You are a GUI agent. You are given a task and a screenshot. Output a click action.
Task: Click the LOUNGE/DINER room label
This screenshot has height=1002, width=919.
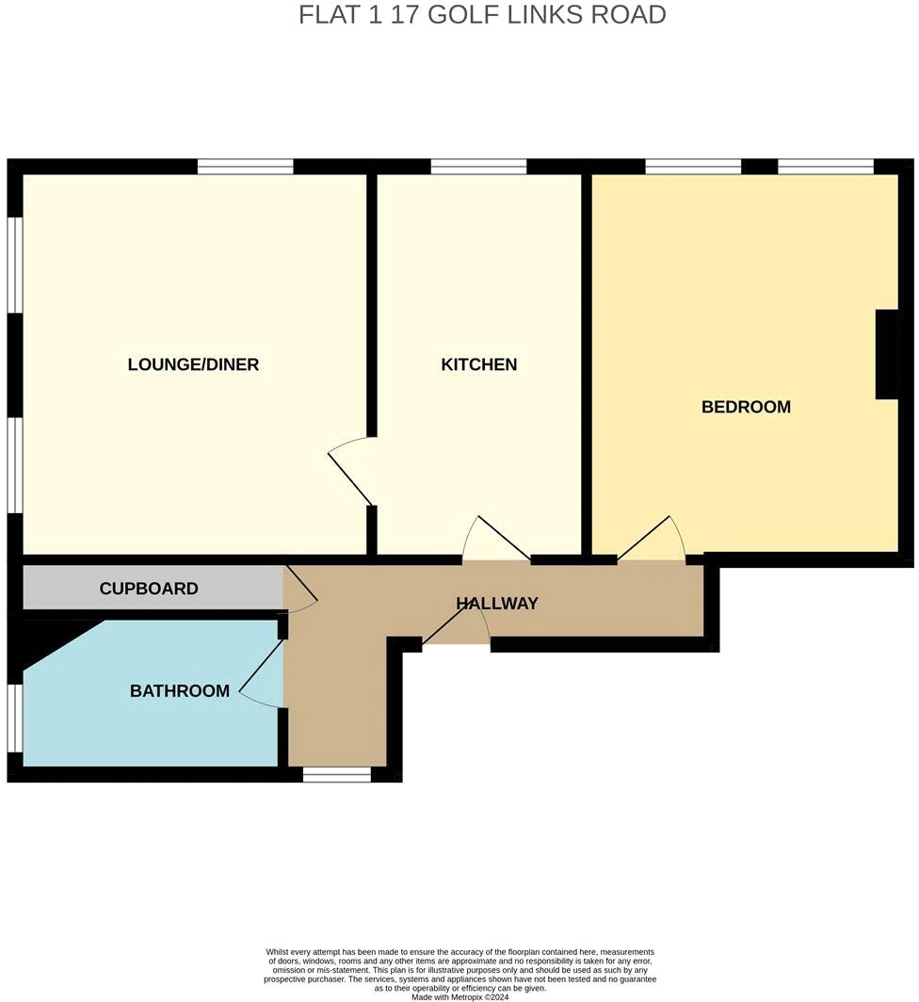[x=193, y=364]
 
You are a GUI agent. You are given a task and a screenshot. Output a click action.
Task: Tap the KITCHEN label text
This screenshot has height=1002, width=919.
[x=479, y=364]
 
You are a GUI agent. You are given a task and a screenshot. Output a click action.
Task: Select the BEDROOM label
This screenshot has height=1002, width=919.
[x=746, y=407]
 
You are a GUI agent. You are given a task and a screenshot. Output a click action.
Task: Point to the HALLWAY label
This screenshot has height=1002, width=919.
[x=497, y=604]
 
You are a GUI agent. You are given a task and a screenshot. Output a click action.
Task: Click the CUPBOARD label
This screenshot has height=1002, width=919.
[x=149, y=590]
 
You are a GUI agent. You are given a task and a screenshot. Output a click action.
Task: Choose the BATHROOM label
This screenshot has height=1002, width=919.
[x=180, y=691]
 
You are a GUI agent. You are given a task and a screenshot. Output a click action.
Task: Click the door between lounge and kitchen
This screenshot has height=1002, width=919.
[x=351, y=471]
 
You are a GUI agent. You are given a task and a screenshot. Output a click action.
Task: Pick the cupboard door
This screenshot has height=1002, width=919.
[x=300, y=591]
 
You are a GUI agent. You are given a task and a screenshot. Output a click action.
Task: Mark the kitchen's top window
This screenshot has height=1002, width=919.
[x=478, y=167]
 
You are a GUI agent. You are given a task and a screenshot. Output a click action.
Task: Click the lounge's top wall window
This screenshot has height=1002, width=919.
[x=246, y=167]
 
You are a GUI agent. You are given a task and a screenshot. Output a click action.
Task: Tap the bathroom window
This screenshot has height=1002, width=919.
[x=14, y=718]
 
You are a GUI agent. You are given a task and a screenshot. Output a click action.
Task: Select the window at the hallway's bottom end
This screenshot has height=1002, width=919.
[x=337, y=775]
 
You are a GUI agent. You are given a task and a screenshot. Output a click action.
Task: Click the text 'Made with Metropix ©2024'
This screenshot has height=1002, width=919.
[x=459, y=996]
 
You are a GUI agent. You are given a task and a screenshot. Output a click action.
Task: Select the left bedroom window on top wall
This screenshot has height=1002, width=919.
[x=693, y=167]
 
